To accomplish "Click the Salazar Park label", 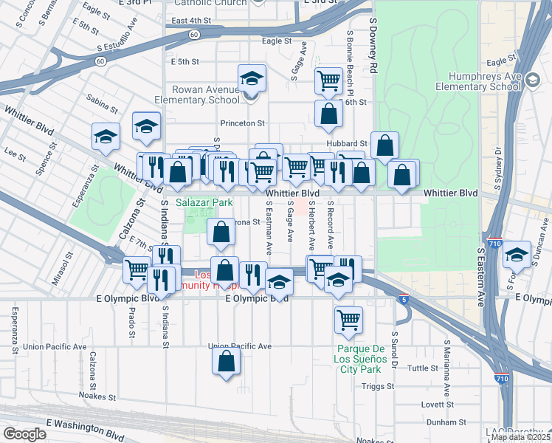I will point(204,202).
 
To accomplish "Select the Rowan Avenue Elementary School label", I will point(197,95).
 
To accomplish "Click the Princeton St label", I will point(241,123).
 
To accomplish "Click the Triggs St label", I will point(379,386).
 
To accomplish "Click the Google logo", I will point(24,434).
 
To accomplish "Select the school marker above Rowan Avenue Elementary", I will point(252,79).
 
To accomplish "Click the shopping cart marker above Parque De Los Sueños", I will point(348,320).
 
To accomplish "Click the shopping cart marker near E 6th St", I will point(328,80).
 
